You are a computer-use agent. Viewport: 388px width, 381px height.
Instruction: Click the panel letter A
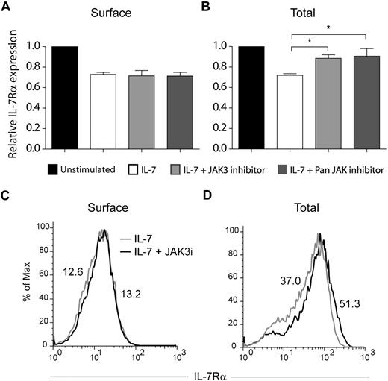click(7, 8)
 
